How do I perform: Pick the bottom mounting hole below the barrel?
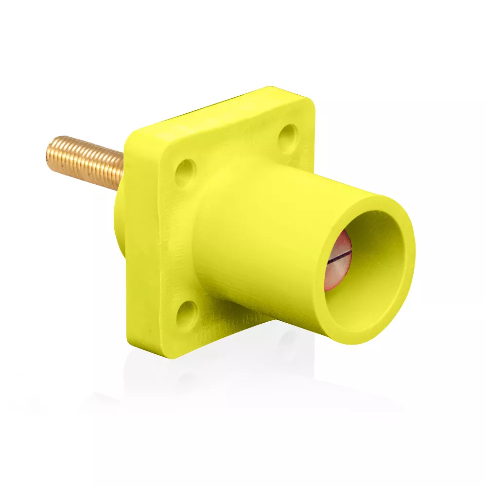(x=187, y=314)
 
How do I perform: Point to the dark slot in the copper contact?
(x=339, y=258)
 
